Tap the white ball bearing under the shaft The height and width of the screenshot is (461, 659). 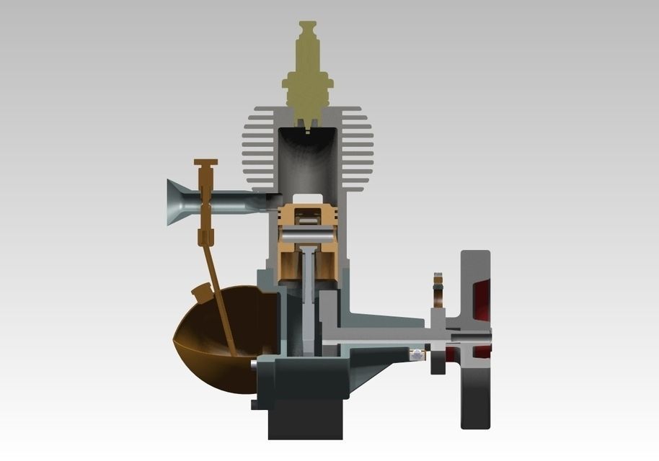point(417,354)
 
